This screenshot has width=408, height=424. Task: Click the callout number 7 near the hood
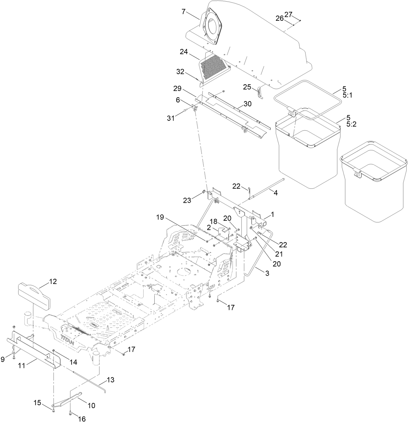point(184,12)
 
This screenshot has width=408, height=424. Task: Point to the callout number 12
point(53,281)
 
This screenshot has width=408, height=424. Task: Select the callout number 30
point(247,104)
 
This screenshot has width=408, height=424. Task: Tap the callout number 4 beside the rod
point(275,193)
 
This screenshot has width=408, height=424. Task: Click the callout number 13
point(111,380)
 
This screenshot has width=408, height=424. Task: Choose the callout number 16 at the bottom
point(82,419)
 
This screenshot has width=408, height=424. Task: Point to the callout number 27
point(288,14)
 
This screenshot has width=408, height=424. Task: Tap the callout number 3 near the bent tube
point(267,273)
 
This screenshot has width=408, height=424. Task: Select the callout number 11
point(21,365)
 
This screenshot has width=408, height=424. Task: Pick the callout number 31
point(171,119)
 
